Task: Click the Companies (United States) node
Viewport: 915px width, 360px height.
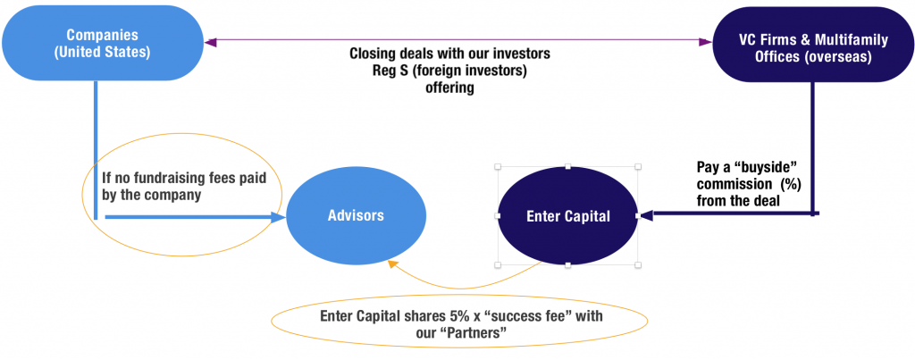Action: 102,43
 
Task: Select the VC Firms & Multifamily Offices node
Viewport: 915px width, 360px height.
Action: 813,45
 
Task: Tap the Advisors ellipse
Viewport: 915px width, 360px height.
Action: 356,215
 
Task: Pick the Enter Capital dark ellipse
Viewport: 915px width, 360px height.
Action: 567,216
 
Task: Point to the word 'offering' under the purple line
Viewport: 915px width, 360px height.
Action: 450,88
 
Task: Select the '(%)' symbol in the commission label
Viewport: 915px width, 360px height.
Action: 790,184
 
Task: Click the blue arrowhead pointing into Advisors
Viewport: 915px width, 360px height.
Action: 279,217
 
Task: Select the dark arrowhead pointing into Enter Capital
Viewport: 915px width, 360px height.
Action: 646,215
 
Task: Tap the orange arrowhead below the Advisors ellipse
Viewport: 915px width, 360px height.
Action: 393,265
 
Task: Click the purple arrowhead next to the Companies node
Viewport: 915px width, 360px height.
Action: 210,42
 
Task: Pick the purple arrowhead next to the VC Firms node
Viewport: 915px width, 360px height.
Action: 706,42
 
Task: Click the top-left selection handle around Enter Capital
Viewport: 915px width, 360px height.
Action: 498,167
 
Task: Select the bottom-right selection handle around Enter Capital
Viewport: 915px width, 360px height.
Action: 638,265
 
